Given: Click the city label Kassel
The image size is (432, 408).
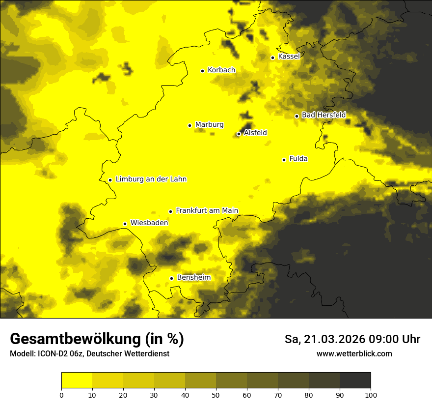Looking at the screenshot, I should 289,57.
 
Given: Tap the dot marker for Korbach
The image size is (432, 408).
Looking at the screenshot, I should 202,71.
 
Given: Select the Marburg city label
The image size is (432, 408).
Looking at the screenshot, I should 209,125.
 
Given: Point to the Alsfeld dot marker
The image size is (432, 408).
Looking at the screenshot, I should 239,134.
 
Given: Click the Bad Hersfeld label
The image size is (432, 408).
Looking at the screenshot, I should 324,115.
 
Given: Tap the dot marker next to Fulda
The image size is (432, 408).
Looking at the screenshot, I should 284,160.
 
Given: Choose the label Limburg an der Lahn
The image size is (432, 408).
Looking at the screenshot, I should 151,179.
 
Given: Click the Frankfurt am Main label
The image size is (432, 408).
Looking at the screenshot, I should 207,211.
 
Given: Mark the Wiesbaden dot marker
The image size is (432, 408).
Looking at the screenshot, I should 125,224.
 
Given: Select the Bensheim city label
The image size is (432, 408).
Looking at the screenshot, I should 193,278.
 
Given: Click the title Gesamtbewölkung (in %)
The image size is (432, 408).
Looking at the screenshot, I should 97,339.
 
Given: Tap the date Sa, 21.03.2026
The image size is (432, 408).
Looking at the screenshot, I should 324,340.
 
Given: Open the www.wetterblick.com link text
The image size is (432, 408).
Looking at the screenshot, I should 354,354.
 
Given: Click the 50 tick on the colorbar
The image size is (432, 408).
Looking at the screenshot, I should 216,395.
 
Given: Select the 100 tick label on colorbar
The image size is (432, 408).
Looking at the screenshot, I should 371,395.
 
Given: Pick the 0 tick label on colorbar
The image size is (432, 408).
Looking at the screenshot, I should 61,395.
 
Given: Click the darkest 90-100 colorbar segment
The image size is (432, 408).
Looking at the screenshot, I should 355,380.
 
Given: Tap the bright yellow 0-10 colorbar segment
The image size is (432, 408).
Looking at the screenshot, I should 77,380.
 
